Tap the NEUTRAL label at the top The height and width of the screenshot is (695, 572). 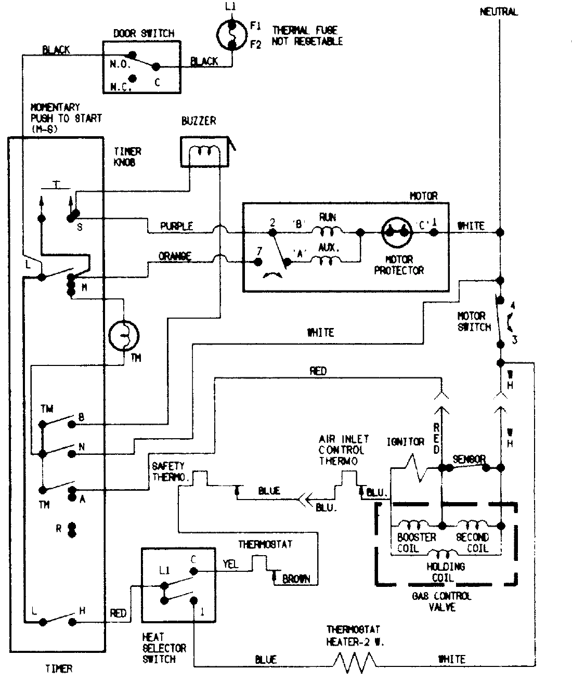(498, 11)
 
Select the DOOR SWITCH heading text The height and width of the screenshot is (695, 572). (144, 33)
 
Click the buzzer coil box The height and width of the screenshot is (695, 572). (204, 152)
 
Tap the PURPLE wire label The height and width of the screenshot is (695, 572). (176, 226)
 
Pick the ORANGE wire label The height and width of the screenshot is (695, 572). (175, 256)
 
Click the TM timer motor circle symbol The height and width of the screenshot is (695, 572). (124, 335)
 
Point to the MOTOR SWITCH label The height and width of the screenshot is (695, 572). (474, 321)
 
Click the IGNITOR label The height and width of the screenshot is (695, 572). (405, 442)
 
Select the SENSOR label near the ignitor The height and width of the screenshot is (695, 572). (469, 459)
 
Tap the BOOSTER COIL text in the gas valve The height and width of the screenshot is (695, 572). (416, 543)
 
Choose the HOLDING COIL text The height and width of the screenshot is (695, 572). (446, 572)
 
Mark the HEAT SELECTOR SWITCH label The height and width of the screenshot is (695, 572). (164, 648)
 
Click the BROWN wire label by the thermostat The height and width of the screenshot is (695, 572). (296, 579)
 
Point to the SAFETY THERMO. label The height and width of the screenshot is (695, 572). (168, 471)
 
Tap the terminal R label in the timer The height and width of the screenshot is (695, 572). (59, 529)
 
